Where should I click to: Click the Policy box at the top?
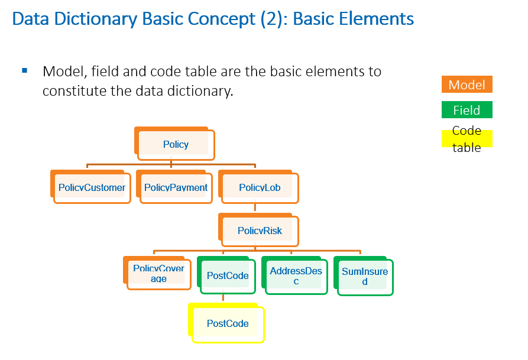pyautogui.click(x=176, y=144)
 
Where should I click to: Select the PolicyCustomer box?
pyautogui.click(x=92, y=188)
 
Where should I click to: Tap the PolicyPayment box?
pyautogui.click(x=176, y=188)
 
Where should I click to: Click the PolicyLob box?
pyautogui.click(x=260, y=188)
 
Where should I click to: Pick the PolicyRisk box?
pyautogui.click(x=260, y=231)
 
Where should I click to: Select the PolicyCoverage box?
pyautogui.click(x=158, y=274)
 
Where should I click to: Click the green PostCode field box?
pyautogui.click(x=228, y=276)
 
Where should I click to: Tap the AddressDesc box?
pyautogui.click(x=296, y=276)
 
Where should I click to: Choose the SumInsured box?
pyautogui.click(x=365, y=276)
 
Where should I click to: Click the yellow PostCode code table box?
pyautogui.click(x=228, y=323)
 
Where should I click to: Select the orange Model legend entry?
pyautogui.click(x=467, y=85)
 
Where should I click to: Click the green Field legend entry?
pyautogui.click(x=467, y=110)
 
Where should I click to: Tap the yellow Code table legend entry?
pyautogui.click(x=467, y=139)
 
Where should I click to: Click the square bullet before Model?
pyautogui.click(x=25, y=71)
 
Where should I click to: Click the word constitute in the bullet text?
pyautogui.click(x=71, y=92)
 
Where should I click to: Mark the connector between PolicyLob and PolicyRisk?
pyautogui.click(x=255, y=207)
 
